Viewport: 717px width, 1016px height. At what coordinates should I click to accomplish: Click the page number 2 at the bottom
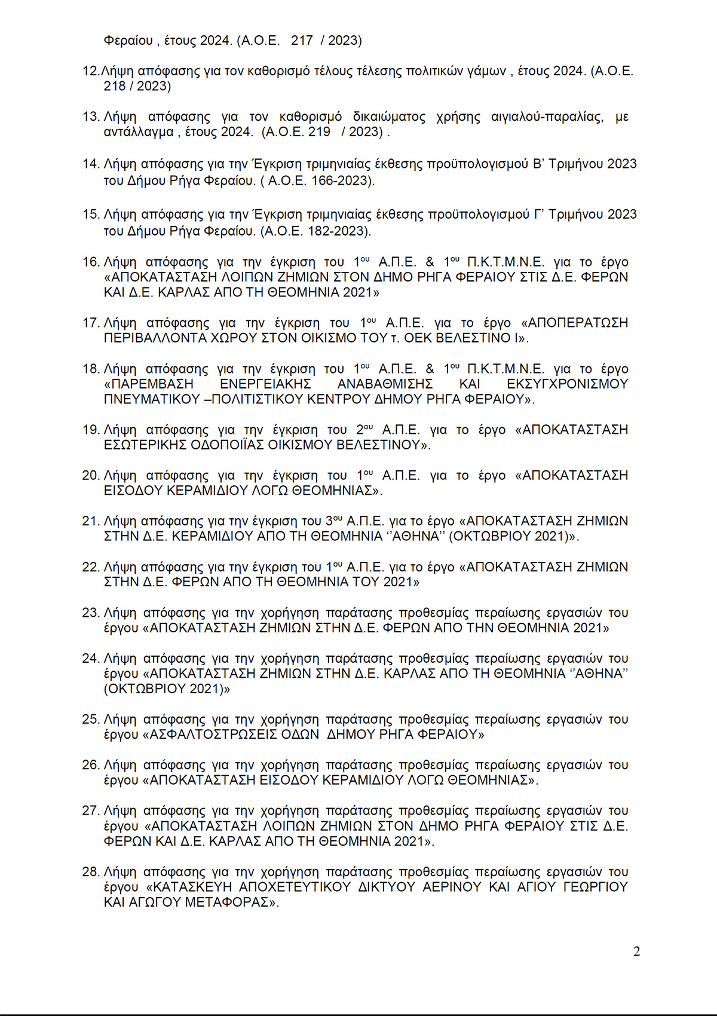click(x=636, y=951)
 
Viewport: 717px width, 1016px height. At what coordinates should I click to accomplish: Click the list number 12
click(x=90, y=71)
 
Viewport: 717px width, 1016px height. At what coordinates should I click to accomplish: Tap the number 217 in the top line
click(x=302, y=41)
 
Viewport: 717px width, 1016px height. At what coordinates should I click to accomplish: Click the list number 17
click(x=90, y=323)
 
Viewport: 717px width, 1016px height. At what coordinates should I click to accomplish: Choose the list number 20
click(x=90, y=476)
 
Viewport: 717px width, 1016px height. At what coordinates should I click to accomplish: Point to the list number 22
click(x=90, y=567)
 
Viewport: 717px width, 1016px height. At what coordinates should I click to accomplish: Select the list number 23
click(x=90, y=613)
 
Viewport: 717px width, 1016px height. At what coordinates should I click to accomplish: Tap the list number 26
click(x=90, y=766)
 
